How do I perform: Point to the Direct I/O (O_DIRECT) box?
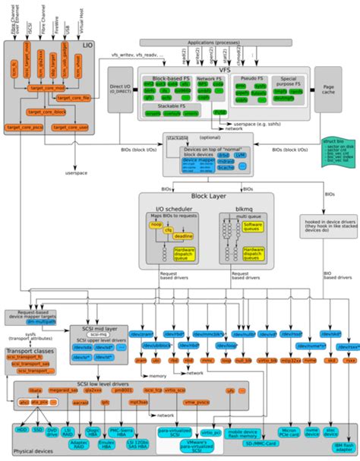120,89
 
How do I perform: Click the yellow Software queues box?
252,226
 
